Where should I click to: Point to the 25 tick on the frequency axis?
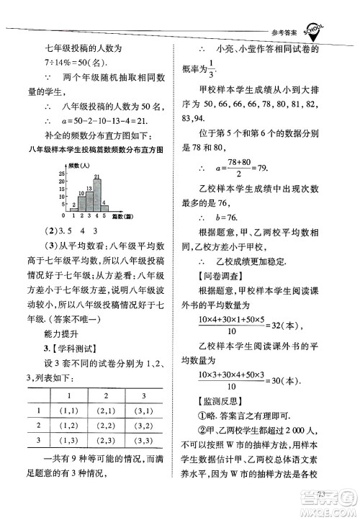[x=63, y=174]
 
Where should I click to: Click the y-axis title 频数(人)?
[x=78, y=166]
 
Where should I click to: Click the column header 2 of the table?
[x=104, y=397]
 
